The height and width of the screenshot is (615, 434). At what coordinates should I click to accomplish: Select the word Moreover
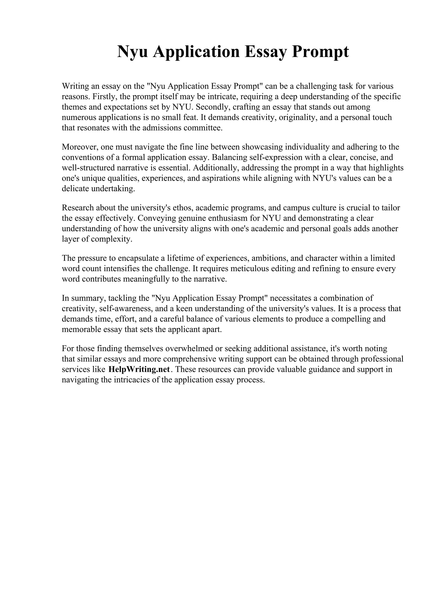(x=80, y=147)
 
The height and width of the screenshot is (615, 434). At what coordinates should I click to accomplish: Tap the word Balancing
(x=229, y=157)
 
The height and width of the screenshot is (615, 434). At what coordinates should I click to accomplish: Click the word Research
(x=78, y=208)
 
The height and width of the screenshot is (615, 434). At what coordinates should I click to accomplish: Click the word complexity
(x=112, y=239)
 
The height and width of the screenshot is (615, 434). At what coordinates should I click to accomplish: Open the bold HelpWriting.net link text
(x=139, y=369)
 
